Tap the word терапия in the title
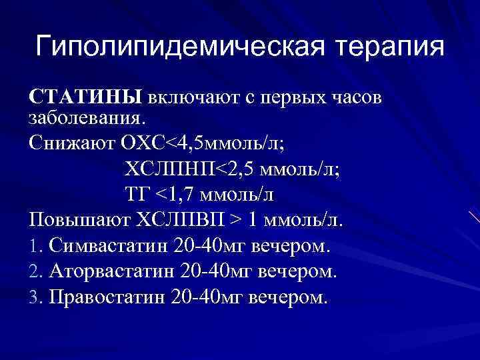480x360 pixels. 391,47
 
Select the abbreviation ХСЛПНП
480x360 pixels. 166,169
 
